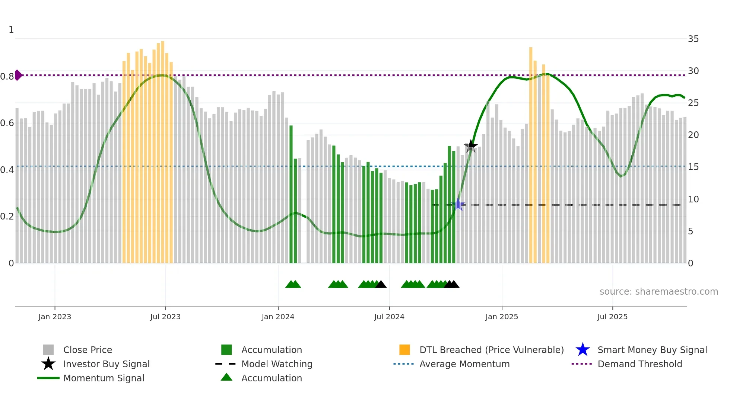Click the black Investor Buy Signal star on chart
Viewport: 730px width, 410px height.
click(x=471, y=146)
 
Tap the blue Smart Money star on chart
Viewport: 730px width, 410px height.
click(x=458, y=205)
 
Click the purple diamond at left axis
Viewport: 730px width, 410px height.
click(x=18, y=75)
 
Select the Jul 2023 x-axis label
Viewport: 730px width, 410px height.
click(x=165, y=317)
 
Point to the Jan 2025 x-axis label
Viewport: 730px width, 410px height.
click(x=502, y=317)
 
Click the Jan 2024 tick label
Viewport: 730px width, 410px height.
click(x=278, y=317)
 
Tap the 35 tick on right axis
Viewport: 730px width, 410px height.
click(x=693, y=39)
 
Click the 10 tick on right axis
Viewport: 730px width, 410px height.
click(x=693, y=199)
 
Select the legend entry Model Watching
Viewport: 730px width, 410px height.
click(x=277, y=364)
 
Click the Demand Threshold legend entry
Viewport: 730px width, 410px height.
click(x=639, y=364)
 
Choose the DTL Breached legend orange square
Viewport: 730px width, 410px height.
click(x=404, y=350)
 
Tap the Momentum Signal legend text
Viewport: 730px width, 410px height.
click(x=104, y=378)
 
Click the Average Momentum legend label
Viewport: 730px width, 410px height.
click(x=464, y=364)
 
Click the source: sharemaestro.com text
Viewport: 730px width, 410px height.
click(x=658, y=292)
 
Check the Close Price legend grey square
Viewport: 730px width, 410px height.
click(x=48, y=350)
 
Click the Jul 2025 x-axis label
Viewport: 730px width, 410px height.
click(x=612, y=317)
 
